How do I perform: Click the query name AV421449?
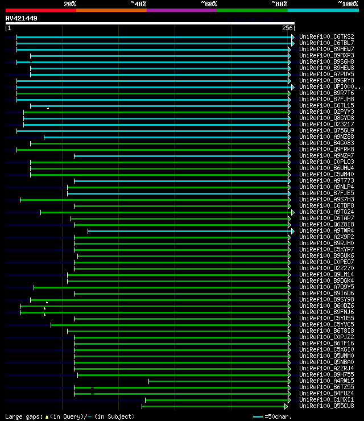[22, 18]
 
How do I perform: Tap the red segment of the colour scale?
[40, 10]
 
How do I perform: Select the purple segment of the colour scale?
[181, 10]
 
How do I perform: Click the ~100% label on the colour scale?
[347, 3]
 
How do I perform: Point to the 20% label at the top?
[70, 3]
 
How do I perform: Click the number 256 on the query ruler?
[287, 28]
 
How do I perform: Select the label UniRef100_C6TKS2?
[326, 36]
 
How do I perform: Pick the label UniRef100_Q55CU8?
[326, 406]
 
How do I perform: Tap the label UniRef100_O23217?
[326, 125]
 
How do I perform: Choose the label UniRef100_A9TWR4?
[326, 231]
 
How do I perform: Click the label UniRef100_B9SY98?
[326, 300]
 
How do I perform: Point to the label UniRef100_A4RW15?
[326, 381]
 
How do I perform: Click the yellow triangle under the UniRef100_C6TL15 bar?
[48, 108]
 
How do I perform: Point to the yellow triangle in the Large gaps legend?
[47, 416]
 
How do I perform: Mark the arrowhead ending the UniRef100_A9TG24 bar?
[293, 212]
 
